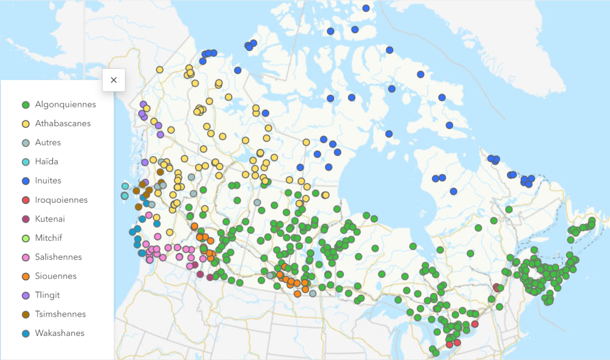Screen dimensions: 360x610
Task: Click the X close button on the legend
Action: [x=113, y=80]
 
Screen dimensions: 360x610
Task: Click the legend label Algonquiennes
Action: [x=65, y=104]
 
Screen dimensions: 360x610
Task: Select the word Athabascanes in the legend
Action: [x=63, y=124]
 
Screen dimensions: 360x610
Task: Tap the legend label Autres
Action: [x=48, y=142]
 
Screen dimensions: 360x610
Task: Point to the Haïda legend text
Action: [x=47, y=162]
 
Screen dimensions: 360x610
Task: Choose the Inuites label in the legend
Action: [x=48, y=181]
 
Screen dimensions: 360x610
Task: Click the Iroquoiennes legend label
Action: [x=61, y=200]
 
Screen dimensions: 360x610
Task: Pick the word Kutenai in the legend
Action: [x=50, y=219]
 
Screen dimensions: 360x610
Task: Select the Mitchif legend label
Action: [x=49, y=238]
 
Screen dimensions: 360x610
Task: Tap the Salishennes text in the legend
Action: [x=58, y=257]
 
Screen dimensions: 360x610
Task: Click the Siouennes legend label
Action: [x=56, y=276]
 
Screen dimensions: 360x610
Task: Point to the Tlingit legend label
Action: [x=48, y=295]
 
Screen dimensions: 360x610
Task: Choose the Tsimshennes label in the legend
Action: [x=60, y=314]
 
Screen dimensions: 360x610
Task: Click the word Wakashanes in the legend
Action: [x=60, y=333]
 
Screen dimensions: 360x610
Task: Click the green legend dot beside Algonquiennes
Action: [x=25, y=105]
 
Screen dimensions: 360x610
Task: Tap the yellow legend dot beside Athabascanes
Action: [x=25, y=124]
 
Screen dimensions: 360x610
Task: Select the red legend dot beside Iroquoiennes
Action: [x=25, y=200]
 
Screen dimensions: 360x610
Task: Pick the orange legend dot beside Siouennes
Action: [x=25, y=277]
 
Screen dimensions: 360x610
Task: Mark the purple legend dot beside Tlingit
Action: [x=25, y=295]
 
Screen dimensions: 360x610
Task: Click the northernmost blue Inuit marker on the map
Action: [x=366, y=8]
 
